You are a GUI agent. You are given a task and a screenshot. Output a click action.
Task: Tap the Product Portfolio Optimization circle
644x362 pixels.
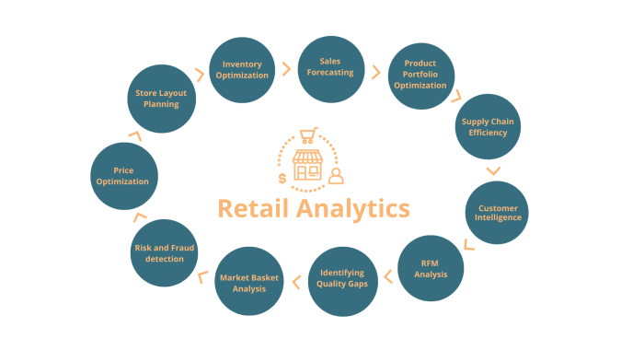419,76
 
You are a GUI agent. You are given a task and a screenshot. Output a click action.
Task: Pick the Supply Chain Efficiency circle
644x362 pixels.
489,126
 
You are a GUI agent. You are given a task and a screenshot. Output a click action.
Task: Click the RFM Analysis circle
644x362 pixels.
431,268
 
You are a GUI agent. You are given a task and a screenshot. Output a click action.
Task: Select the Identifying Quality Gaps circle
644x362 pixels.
342,279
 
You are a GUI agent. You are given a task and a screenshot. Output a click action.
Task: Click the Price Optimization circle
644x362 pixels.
125,175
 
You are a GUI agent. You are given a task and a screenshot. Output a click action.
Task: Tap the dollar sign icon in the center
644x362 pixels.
282,179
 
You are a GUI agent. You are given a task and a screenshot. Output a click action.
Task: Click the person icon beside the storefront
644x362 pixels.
336,175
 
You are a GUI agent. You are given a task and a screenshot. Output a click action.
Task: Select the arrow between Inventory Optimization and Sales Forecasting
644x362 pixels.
287,69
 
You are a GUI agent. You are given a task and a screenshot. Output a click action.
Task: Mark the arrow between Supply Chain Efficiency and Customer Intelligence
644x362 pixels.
493,170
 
